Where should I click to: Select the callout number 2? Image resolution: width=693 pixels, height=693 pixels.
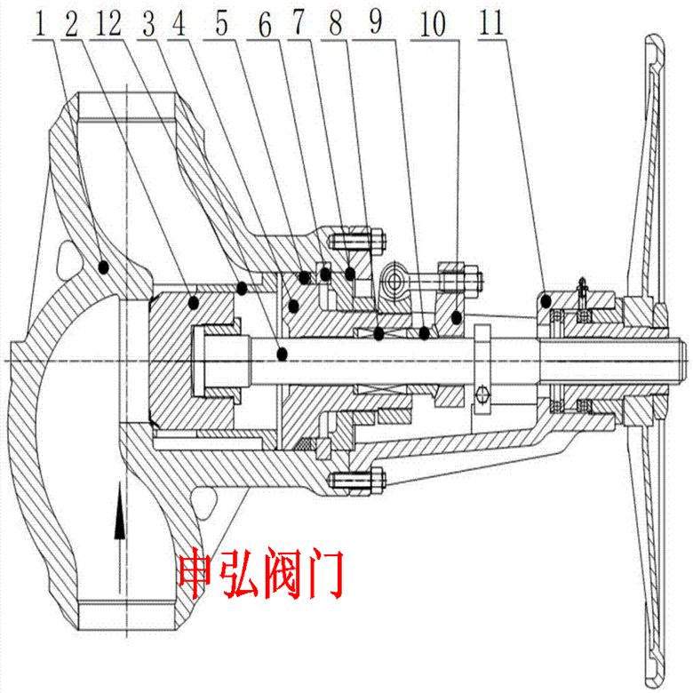pyautogui.click(x=70, y=24)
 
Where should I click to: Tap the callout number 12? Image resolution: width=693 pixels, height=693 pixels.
pyautogui.click(x=111, y=24)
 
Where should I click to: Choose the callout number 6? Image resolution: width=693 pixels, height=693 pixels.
pyautogui.click(x=263, y=24)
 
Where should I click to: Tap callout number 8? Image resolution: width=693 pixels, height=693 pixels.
pyautogui.click(x=333, y=24)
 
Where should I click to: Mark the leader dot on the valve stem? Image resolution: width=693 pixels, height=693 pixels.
pyautogui.click(x=283, y=353)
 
